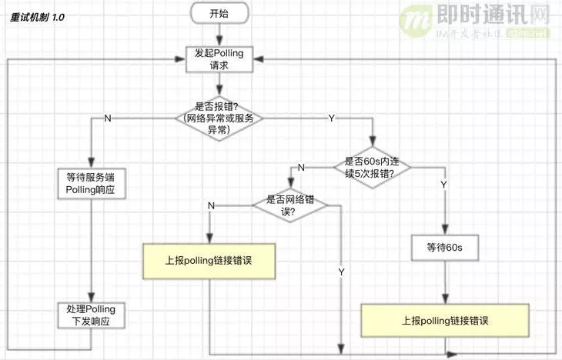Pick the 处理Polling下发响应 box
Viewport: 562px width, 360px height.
tap(90, 315)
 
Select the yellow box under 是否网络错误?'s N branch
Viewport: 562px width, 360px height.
tap(209, 260)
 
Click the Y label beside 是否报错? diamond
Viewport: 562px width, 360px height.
tap(332, 118)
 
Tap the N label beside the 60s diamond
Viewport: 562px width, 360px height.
tap(301, 168)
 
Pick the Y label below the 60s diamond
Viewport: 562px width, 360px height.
tap(443, 185)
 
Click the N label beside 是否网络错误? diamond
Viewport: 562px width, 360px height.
tap(211, 205)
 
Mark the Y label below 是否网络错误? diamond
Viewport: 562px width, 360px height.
tap(340, 272)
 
